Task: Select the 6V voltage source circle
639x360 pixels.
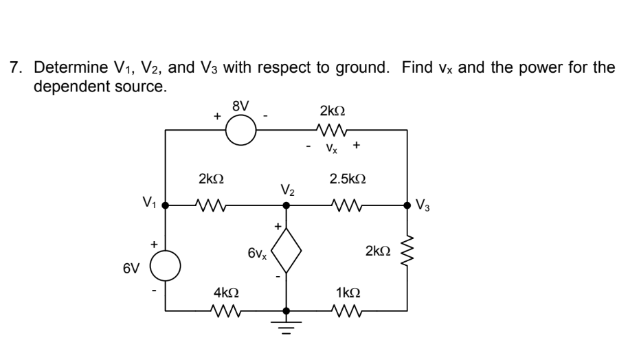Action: click(x=166, y=265)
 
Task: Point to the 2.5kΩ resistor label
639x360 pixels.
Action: click(x=348, y=179)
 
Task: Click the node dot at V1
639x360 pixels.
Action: click(x=166, y=204)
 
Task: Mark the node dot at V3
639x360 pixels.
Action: click(x=407, y=204)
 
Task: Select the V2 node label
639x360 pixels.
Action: click(x=288, y=189)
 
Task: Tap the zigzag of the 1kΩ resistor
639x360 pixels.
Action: click(x=348, y=311)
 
